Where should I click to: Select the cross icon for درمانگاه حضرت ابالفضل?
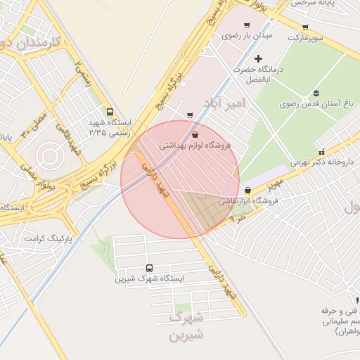point(258,58)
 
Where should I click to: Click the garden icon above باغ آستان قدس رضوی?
point(316,93)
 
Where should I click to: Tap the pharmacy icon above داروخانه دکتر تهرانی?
point(322,152)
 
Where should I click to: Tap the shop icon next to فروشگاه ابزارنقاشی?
point(247,191)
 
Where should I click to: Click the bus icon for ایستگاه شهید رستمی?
point(109,111)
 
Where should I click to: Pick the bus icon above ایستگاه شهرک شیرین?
point(149,268)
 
